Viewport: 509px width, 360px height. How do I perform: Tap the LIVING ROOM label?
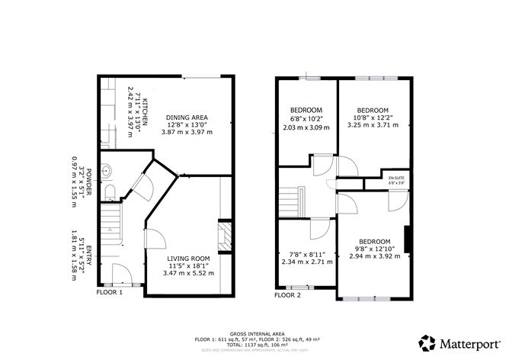[188, 259]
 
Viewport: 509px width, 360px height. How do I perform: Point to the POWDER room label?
[88, 182]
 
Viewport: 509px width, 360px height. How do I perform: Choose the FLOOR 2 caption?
[287, 295]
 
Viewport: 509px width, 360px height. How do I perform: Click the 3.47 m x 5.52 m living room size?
[188, 273]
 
